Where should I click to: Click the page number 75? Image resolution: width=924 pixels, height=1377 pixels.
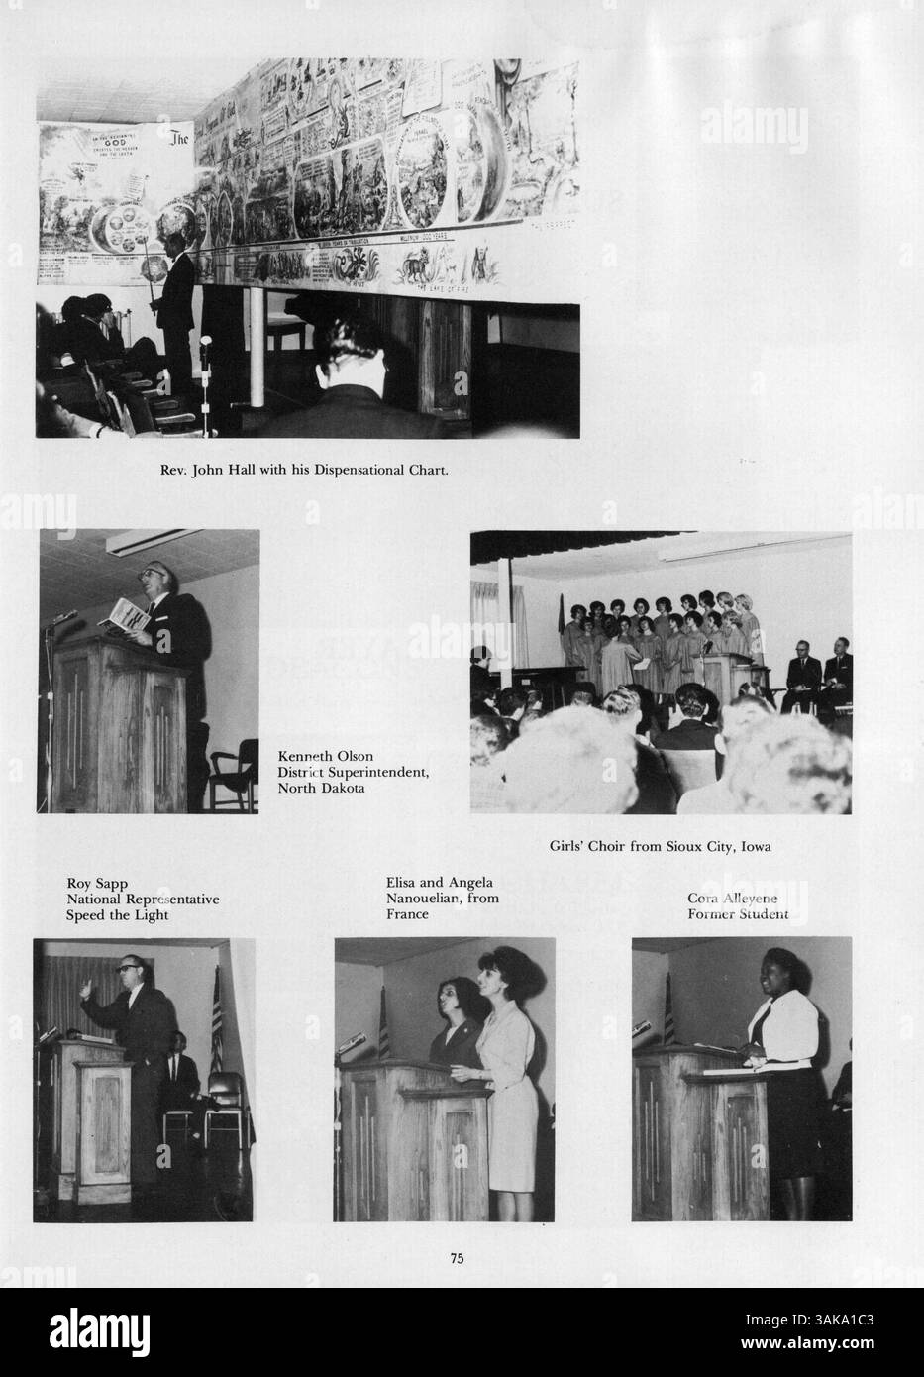458,1259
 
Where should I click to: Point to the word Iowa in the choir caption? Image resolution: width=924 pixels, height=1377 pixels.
754,847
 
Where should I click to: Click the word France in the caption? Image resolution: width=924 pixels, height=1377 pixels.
407,914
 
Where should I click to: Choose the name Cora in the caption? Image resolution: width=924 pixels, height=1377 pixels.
702,899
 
